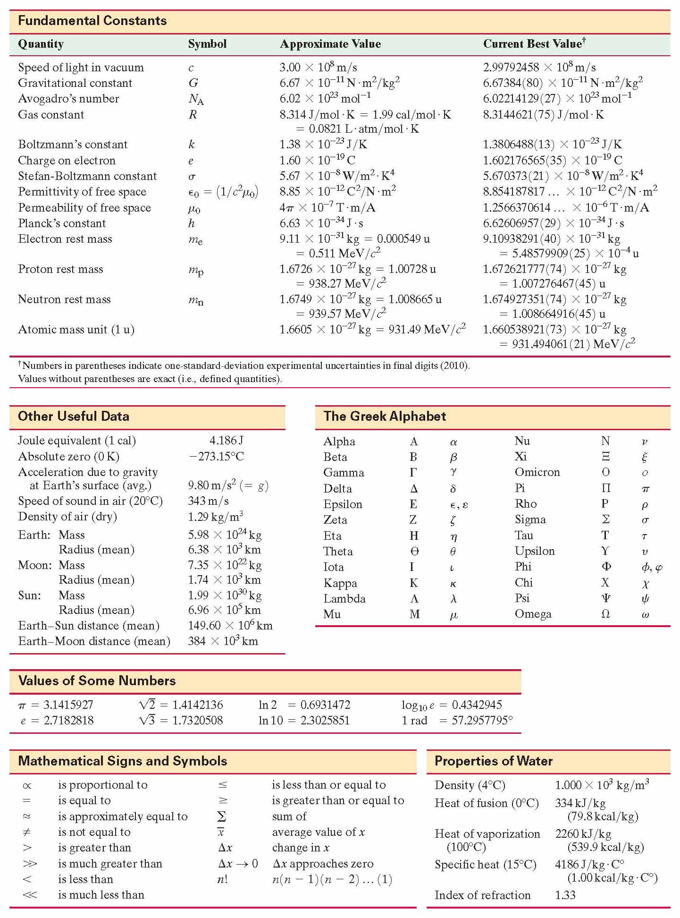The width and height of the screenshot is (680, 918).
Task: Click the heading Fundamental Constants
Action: pos(92,21)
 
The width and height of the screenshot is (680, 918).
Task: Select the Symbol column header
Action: pos(207,44)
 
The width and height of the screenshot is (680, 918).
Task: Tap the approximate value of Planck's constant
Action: pos(321,223)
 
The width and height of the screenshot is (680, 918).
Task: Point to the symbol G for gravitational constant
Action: pos(193,83)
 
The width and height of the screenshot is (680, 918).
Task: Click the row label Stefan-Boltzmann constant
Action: pos(87,176)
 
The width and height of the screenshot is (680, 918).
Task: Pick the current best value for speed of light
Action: pos(539,68)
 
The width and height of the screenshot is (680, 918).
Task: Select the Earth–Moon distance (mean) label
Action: pos(94,641)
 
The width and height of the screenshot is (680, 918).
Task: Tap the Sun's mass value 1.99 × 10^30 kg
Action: pos(225,595)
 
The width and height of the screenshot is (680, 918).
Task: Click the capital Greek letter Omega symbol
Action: pos(605,614)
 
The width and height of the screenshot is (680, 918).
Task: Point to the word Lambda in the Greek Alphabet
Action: pos(344,598)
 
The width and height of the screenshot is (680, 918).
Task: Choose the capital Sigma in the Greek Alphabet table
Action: pos(605,519)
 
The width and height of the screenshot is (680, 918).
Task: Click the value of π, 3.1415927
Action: pos(68,705)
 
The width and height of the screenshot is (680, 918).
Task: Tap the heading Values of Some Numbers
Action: pos(97,680)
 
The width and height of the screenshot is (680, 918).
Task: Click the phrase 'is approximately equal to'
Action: pos(123,816)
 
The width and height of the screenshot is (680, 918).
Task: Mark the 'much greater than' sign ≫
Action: pos(30,864)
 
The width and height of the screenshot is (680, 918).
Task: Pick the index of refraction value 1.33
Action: pos(565,895)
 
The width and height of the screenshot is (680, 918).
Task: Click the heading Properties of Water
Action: pos(493,761)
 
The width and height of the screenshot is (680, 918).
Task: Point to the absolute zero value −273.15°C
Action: pos(216,456)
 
